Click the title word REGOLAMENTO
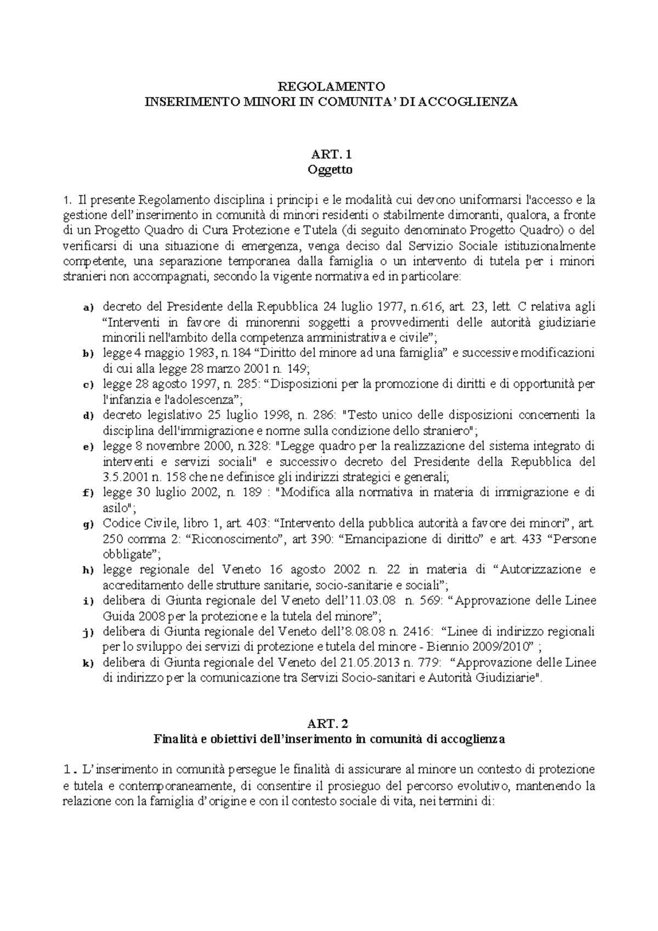[330, 86]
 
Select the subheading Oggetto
[330, 169]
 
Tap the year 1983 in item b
[189, 353]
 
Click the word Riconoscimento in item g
[237, 538]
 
